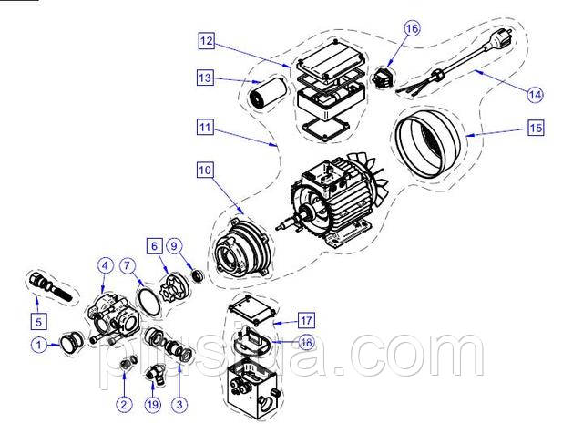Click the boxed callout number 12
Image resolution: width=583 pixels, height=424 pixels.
click(207, 40)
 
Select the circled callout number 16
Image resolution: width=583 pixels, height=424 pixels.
click(412, 28)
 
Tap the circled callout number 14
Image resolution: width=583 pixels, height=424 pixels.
click(535, 95)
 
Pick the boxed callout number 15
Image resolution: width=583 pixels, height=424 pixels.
click(536, 128)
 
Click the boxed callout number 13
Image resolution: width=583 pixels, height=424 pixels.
click(205, 78)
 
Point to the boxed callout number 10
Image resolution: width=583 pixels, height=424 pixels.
click(205, 171)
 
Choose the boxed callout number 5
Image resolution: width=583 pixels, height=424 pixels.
click(39, 321)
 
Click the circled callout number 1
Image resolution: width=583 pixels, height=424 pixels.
click(38, 345)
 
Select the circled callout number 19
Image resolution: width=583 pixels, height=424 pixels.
click(153, 405)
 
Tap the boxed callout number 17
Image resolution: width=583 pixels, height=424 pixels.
click(306, 321)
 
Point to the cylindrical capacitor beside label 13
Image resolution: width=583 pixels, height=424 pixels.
click(267, 93)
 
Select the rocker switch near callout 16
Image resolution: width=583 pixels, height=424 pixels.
click(383, 77)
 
